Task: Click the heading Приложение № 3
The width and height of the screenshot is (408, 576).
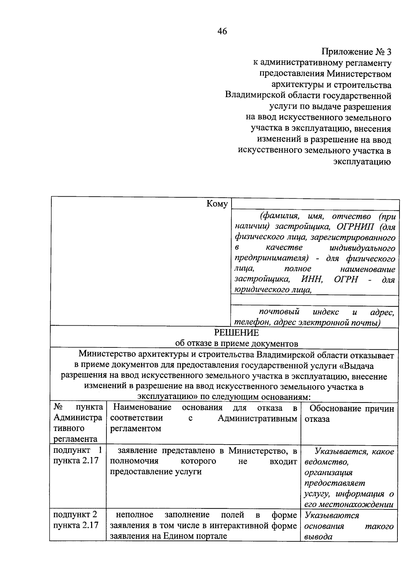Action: (x=356, y=52)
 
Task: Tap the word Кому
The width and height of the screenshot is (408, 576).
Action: (x=217, y=204)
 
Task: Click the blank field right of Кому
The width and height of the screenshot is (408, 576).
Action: (x=314, y=205)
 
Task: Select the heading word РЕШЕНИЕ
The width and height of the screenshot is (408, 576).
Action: (x=236, y=332)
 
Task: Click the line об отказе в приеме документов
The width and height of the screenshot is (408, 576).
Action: (x=236, y=343)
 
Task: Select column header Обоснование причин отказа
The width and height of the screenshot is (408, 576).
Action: (x=349, y=414)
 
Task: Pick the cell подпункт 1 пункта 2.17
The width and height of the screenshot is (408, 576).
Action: (x=78, y=456)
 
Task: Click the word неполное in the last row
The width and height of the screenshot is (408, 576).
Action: (x=134, y=515)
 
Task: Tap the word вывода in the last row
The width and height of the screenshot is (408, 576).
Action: (x=318, y=537)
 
